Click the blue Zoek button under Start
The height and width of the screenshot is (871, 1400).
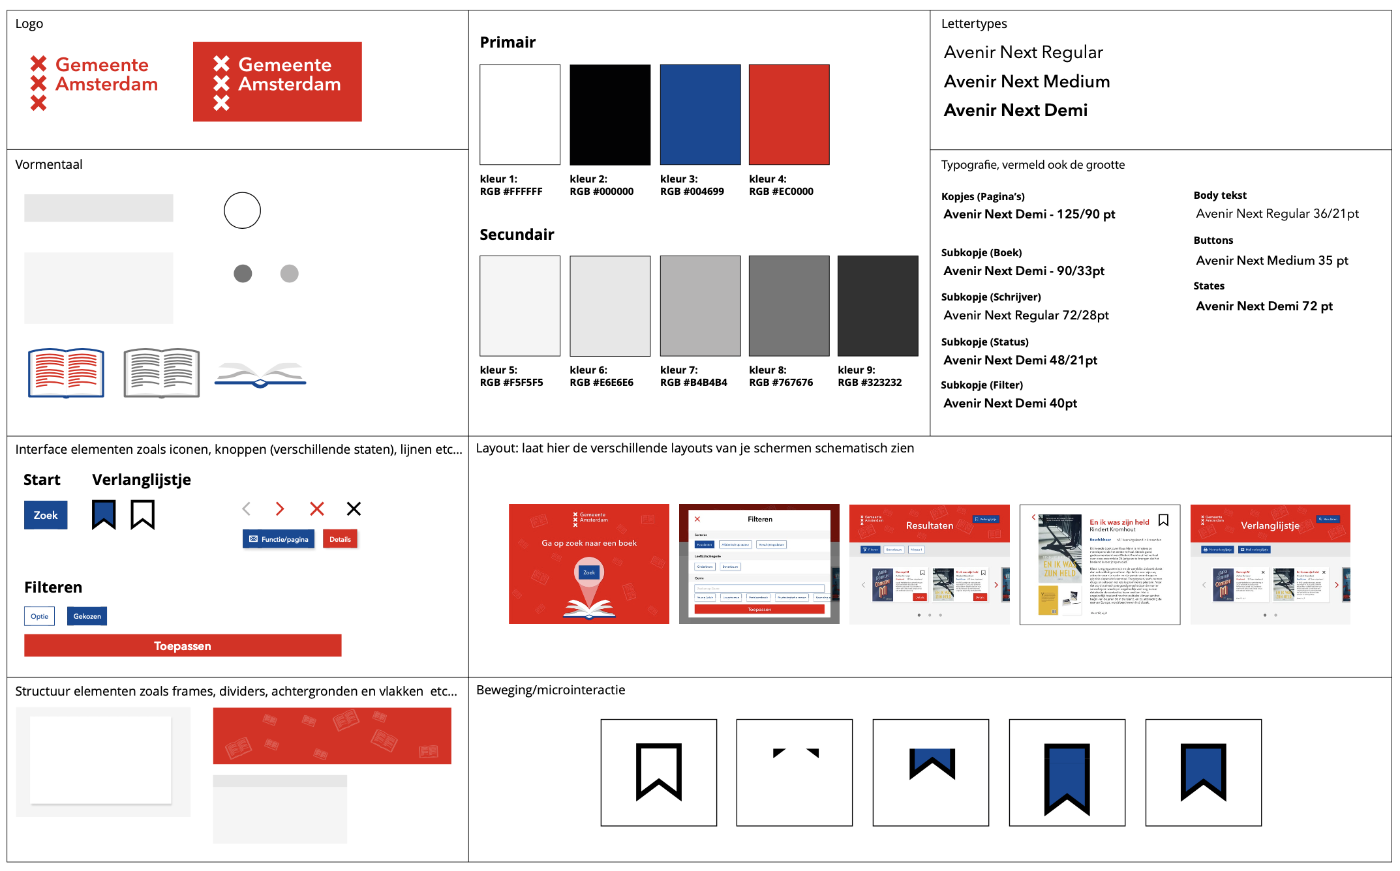coord(46,515)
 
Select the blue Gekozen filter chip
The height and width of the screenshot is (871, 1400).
coord(87,616)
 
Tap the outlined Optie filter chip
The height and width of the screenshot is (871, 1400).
coord(39,616)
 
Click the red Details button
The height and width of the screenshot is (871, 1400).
coord(340,539)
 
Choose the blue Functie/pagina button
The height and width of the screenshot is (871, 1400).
coord(279,539)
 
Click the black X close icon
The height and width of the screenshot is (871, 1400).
coord(354,509)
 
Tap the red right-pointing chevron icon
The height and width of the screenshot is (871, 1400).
coord(280,509)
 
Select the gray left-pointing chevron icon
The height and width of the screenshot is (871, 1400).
coord(247,509)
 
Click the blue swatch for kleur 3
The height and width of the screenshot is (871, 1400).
coord(700,114)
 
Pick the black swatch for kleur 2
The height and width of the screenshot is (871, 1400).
coord(610,114)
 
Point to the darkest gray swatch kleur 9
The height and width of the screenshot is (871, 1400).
coord(877,306)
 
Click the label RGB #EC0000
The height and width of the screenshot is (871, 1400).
coord(781,192)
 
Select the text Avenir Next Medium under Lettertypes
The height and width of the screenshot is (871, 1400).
coord(1026,81)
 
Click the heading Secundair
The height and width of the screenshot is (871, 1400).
coord(517,235)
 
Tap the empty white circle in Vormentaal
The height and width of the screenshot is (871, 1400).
coord(242,211)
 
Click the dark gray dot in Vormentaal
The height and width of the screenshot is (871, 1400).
coord(243,274)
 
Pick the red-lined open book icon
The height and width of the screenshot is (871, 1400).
coord(66,373)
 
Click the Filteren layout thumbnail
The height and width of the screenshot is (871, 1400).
coord(759,564)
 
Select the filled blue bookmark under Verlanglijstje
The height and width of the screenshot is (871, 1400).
coord(104,514)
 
